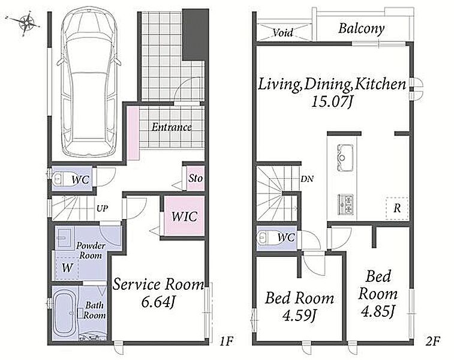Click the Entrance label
pos(172,127)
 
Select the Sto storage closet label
pos(196,178)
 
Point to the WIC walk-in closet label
pos(184,217)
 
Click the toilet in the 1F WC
pos(60,179)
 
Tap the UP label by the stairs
pos(102,208)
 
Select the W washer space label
pos(67,268)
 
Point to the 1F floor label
pos(226,341)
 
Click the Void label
pos(283,32)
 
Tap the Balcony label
pos(362,29)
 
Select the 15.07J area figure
pos(332,101)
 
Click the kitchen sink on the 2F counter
pos(345,158)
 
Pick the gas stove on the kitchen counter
pos(345,205)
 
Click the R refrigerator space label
pos(397,208)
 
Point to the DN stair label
pos(307,179)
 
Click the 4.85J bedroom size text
pos(378,312)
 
